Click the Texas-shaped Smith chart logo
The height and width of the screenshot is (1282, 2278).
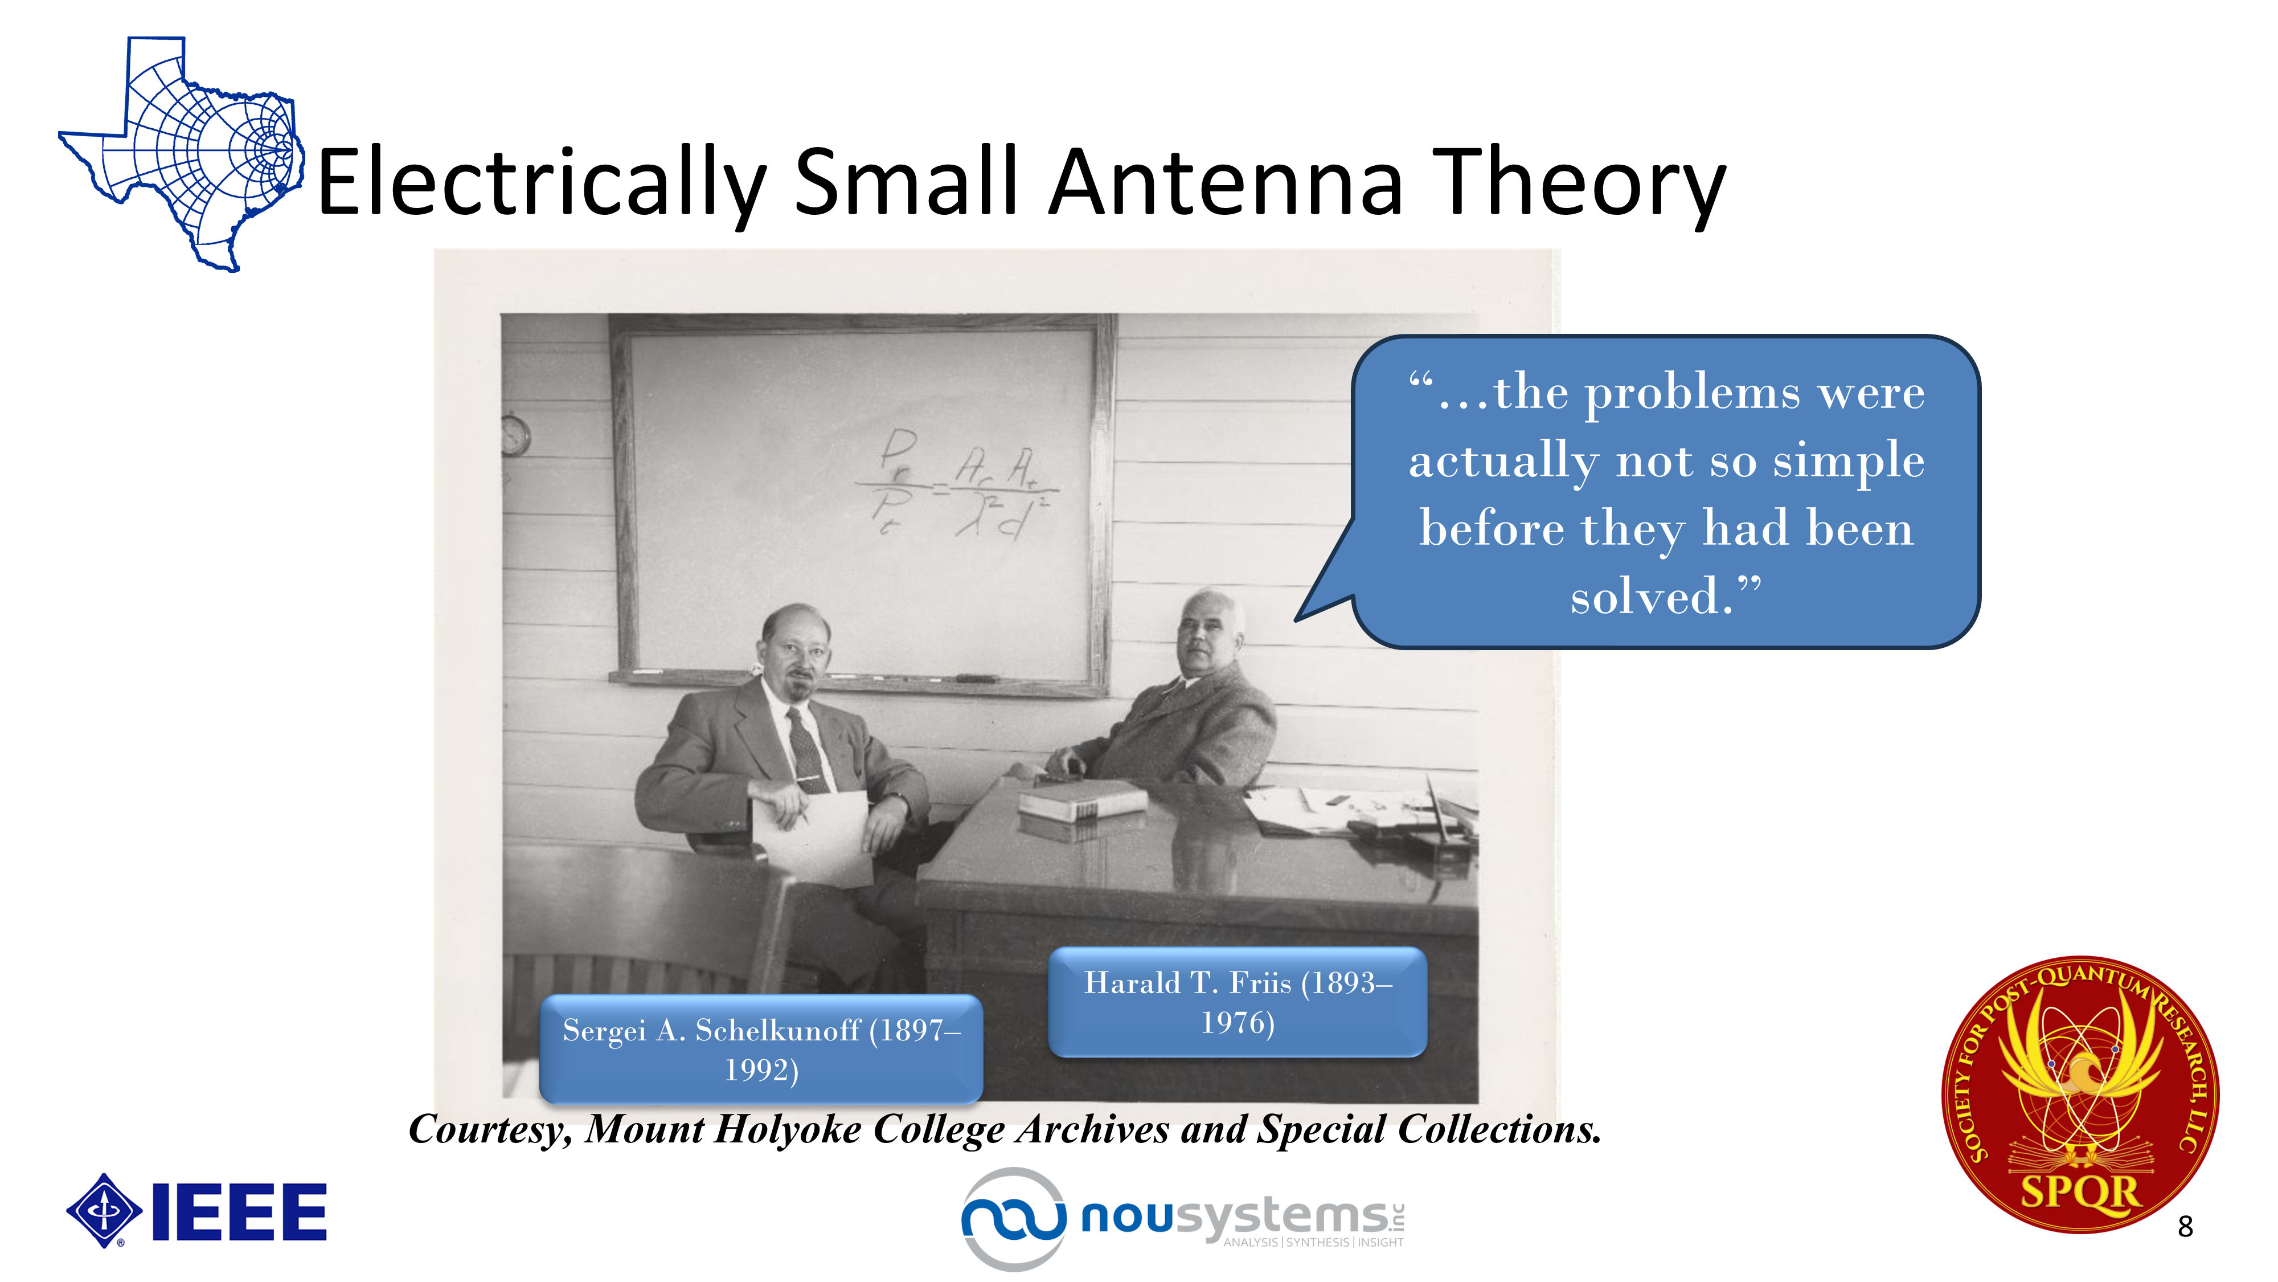pyautogui.click(x=181, y=155)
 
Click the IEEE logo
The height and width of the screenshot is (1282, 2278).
pyautogui.click(x=196, y=1211)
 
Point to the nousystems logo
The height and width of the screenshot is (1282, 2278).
pyautogui.click(x=1183, y=1218)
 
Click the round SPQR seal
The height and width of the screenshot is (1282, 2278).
pyautogui.click(x=2080, y=1095)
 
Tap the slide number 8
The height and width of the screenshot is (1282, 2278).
pyautogui.click(x=2185, y=1226)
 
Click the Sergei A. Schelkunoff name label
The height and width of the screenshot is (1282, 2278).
pyautogui.click(x=761, y=1050)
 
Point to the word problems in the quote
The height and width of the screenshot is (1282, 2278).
pyautogui.click(x=1691, y=394)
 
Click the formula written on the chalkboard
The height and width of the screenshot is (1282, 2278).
pyautogui.click(x=957, y=483)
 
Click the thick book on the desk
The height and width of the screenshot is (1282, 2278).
pyautogui.click(x=1081, y=800)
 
